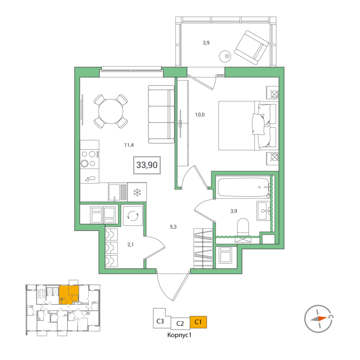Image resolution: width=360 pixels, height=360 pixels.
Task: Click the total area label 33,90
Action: pyautogui.click(x=147, y=165)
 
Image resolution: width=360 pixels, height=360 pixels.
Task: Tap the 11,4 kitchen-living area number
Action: pyautogui.click(x=129, y=145)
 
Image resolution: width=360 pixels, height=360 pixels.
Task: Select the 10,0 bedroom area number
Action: pyautogui.click(x=200, y=114)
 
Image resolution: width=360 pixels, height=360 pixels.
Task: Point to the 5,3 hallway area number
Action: pyautogui.click(x=173, y=227)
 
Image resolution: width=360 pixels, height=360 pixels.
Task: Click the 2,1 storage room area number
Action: pyautogui.click(x=130, y=245)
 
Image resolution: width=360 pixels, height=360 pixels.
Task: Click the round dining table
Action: pyautogui.click(x=110, y=111)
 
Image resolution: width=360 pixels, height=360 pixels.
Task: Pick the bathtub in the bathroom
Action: pyautogui.click(x=243, y=187)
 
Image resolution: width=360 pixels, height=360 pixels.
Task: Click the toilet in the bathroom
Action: pyautogui.click(x=243, y=227)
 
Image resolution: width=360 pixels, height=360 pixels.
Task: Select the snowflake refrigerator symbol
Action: pyautogui.click(x=137, y=192)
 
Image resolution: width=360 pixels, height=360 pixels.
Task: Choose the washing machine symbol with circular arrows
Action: pyautogui.click(x=133, y=216)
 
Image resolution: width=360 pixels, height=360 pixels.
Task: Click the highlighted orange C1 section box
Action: pyautogui.click(x=198, y=322)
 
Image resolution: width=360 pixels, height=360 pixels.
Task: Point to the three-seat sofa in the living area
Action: pyautogui.click(x=161, y=114)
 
